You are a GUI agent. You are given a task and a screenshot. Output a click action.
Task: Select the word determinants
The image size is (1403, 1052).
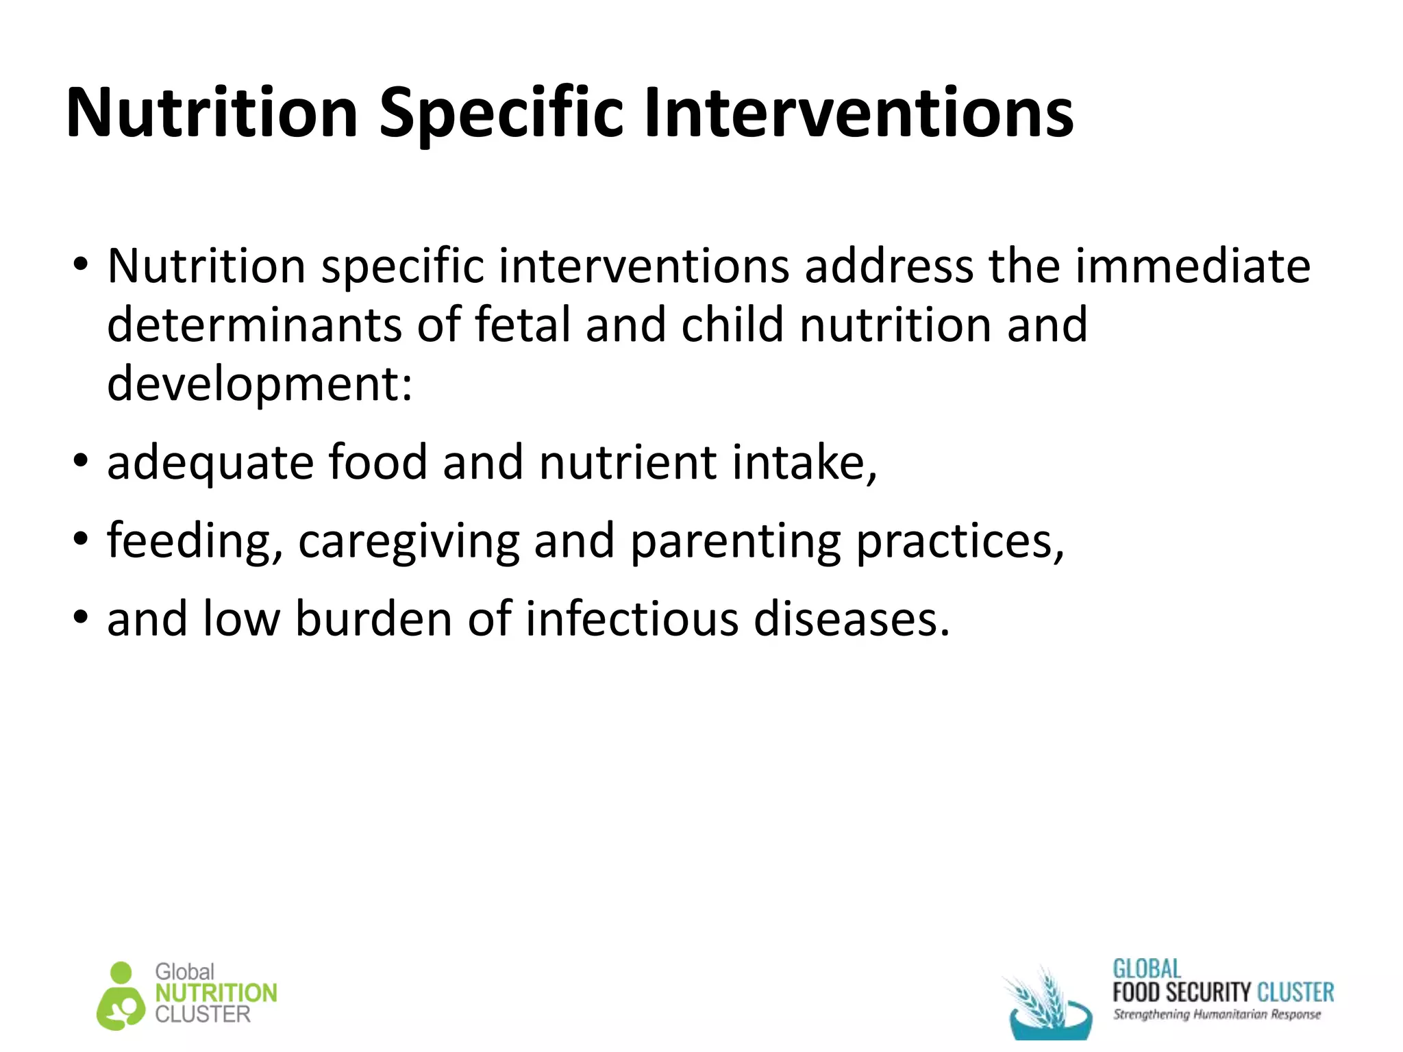254,325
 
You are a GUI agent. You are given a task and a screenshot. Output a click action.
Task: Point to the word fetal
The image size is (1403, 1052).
522,325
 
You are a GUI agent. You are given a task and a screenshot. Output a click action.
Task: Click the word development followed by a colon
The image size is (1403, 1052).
260,384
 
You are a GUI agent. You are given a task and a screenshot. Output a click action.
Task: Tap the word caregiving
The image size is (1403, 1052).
408,541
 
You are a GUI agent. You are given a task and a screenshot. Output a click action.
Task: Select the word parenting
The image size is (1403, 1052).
735,541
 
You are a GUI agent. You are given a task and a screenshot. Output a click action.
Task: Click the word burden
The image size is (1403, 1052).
374,619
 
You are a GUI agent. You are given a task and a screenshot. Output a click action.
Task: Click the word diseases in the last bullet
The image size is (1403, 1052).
852,619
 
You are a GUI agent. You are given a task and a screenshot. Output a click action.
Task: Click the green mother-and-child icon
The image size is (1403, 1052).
121,997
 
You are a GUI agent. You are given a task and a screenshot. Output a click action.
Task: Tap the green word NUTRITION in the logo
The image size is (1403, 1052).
216,993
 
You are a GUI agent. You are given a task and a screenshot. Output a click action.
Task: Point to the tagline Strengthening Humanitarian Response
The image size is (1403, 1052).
1217,1014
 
